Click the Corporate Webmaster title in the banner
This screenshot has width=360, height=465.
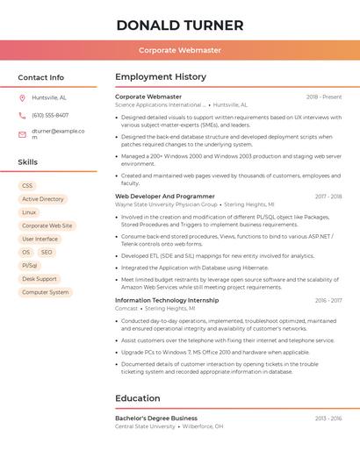pos(180,50)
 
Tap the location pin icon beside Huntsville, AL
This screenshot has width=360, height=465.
pos(22,97)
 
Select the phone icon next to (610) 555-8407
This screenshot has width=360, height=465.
pos(22,115)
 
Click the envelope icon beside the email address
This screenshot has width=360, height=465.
pos(22,134)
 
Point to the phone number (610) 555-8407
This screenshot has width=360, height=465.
pos(50,115)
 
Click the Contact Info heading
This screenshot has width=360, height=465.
pos(40,77)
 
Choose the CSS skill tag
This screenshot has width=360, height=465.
pos(27,186)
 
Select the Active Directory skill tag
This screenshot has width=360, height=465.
pos(43,199)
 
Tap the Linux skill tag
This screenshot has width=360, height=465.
pos(30,212)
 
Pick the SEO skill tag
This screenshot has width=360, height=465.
pos(47,252)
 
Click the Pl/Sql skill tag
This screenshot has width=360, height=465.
pos(30,265)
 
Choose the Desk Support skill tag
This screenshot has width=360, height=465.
pos(40,279)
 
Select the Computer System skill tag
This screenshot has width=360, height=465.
pos(45,292)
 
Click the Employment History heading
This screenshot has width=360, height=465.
pos(161,77)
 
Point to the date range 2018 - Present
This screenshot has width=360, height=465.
pos(324,97)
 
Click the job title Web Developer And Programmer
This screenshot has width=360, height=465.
pos(165,197)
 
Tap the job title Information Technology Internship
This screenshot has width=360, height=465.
pos(167,300)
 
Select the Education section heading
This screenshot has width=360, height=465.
pos(138,398)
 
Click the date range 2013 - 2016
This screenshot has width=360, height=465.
pos(328,418)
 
